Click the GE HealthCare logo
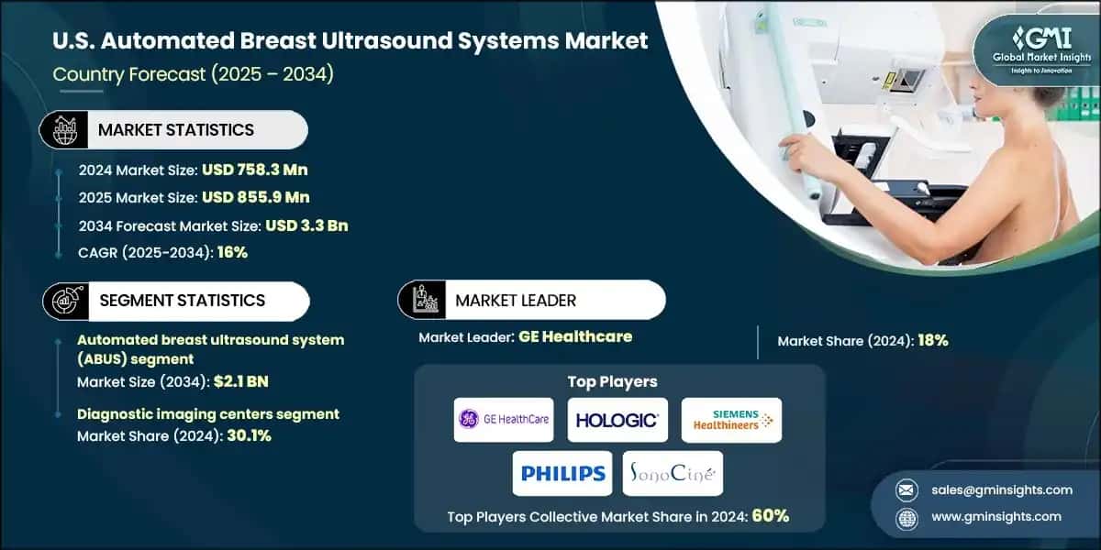[x=503, y=420]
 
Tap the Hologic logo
[x=617, y=420]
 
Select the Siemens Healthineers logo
[x=730, y=420]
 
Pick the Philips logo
[x=562, y=473]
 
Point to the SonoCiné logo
[x=673, y=473]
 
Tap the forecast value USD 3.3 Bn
[x=306, y=225]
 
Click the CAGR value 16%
[x=230, y=252]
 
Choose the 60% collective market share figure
[x=770, y=516]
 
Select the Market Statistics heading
[x=176, y=130]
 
